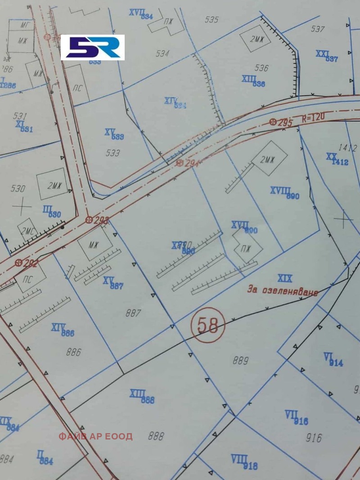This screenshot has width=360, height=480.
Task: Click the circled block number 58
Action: (208, 325)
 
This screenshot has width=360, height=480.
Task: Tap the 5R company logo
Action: (93, 47)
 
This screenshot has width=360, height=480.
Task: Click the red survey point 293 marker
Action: (89, 220)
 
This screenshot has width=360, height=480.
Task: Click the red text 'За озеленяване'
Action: (283, 290)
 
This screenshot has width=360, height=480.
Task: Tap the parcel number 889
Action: (241, 360)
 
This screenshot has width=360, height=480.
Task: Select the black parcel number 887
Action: (133, 313)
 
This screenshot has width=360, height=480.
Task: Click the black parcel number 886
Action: (73, 352)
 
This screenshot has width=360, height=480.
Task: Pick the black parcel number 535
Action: (211, 19)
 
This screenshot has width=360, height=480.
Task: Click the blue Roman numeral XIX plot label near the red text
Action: (285, 278)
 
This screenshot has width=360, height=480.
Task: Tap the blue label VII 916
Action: (297, 417)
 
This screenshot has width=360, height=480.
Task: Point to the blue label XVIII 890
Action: (284, 193)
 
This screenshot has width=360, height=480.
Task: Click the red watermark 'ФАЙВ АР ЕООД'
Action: (95, 436)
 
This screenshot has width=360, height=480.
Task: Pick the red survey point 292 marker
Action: (18, 263)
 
